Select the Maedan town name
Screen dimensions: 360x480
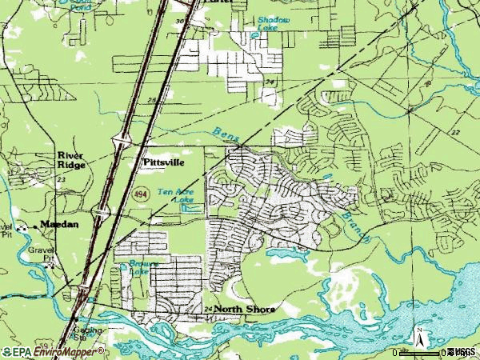point(60,225)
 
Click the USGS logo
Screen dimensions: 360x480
point(462,351)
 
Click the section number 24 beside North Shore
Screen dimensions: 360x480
point(208,309)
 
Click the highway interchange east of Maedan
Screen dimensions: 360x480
point(102,211)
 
